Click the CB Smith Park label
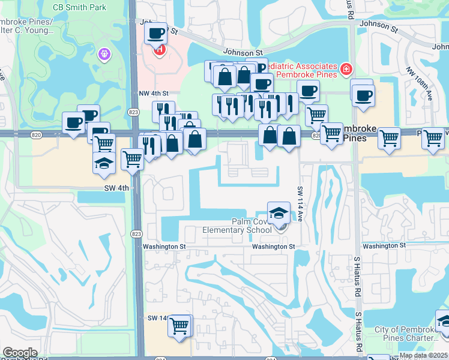79,7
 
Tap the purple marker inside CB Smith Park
105,55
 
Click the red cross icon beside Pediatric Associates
346,70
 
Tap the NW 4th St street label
154,94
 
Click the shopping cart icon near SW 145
179,326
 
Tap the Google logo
20,353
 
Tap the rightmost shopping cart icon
433,137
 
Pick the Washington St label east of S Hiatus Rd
384,246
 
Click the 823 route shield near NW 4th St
133,112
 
